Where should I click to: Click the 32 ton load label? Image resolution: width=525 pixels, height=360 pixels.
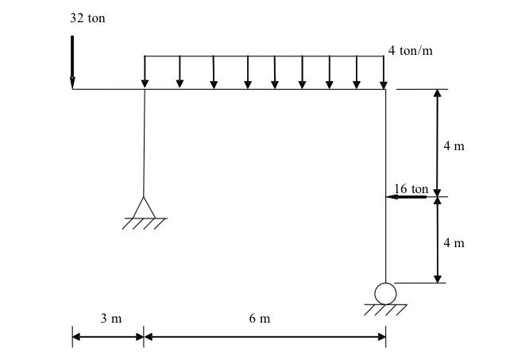click(87, 18)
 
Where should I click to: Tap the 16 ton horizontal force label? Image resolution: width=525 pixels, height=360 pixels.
click(411, 189)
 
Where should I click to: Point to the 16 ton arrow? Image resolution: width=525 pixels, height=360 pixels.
click(407, 196)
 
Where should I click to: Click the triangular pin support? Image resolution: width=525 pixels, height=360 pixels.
click(144, 207)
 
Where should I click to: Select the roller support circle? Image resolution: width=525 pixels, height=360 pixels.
click(385, 293)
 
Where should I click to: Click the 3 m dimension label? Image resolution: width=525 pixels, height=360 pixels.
click(111, 319)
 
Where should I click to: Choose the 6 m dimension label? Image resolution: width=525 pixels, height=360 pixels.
click(260, 319)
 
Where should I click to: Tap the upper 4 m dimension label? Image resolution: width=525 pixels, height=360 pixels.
click(454, 145)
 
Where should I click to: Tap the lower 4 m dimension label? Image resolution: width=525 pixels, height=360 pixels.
click(454, 242)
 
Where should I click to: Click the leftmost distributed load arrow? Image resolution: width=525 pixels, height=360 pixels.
click(145, 72)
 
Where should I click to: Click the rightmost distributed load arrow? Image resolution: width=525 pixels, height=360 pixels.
click(383, 72)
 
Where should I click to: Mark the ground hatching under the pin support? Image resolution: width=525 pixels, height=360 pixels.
click(145, 223)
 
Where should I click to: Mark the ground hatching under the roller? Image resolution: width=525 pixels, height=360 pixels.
click(385, 310)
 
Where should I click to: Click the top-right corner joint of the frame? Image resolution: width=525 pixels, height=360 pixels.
click(385, 89)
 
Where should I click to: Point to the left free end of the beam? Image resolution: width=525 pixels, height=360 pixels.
click(72, 89)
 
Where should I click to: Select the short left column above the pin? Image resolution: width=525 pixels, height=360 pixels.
click(144, 143)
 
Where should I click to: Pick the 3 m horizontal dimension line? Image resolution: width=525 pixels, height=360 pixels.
click(108, 336)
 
